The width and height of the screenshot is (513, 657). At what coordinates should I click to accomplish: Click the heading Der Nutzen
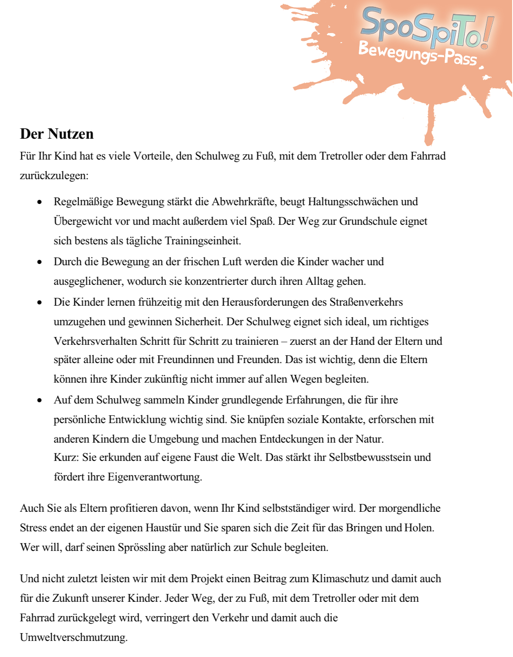tap(57, 134)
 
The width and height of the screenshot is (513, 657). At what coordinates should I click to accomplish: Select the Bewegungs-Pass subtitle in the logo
tap(417, 53)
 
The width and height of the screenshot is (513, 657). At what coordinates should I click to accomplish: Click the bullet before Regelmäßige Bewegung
tap(40, 202)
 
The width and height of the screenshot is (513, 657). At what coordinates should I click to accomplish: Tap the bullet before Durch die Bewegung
tap(40, 262)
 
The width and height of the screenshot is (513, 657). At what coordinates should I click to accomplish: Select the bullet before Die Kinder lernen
tap(40, 303)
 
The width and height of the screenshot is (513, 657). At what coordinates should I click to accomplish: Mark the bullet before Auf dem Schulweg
tap(40, 400)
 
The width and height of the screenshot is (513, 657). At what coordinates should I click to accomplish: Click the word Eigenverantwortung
tap(155, 477)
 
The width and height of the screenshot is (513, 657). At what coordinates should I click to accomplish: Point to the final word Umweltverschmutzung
tap(73, 637)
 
